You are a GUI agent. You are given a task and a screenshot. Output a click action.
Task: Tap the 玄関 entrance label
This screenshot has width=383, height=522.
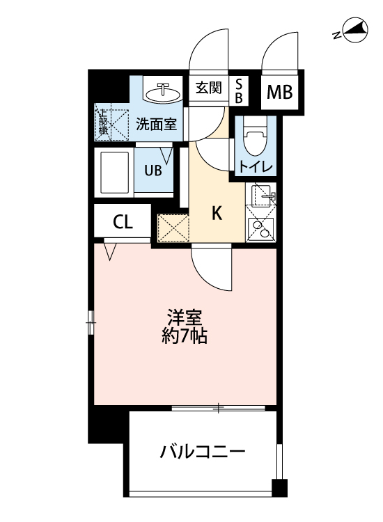click(x=208, y=88)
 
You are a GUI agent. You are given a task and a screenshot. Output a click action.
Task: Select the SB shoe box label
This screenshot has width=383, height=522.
click(x=238, y=90)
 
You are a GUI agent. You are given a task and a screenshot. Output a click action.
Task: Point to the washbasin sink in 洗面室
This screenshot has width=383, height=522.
click(x=164, y=90)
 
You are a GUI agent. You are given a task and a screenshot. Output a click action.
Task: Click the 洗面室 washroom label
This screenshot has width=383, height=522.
click(x=156, y=125)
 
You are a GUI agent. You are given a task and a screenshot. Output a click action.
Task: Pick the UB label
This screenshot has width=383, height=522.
click(x=153, y=169)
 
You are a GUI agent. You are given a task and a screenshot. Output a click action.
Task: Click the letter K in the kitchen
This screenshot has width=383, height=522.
click(x=217, y=214)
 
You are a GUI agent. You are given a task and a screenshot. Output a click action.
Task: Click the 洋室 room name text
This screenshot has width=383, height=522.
click(x=184, y=319)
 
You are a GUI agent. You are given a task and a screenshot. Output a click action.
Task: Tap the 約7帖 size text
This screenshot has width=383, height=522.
click(x=184, y=339)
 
